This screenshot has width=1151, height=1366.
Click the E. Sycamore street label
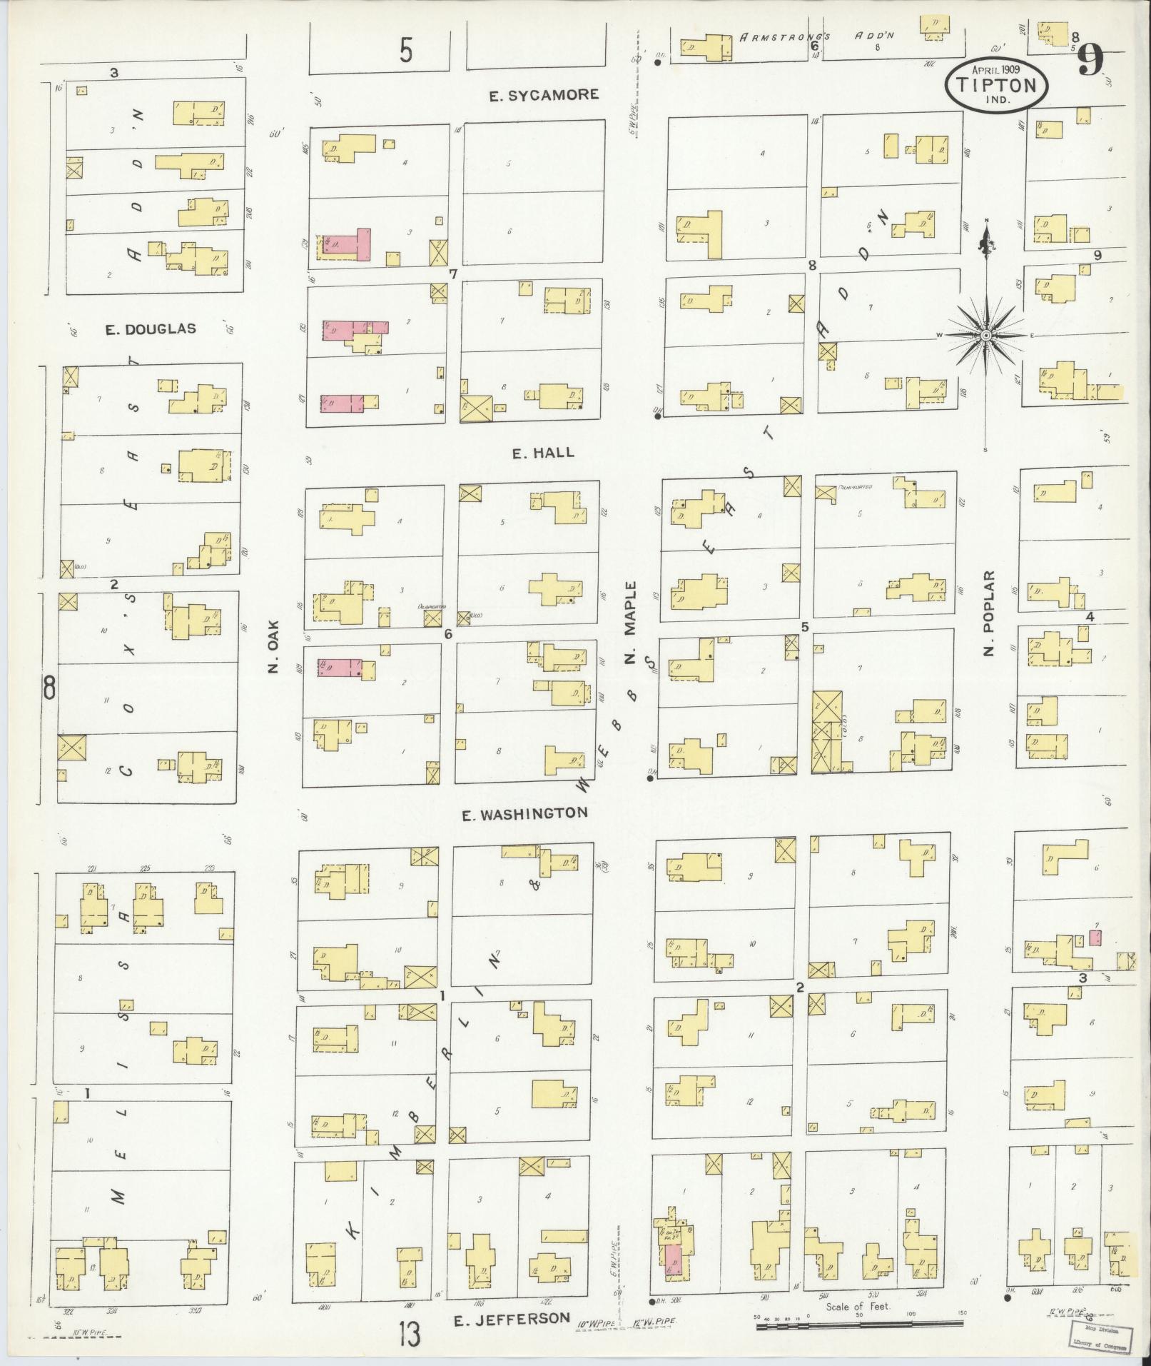tap(544, 95)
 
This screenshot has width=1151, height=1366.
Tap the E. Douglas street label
tap(150, 329)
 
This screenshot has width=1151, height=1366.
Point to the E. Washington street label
tap(524, 813)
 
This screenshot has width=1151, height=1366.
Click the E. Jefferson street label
tap(513, 1318)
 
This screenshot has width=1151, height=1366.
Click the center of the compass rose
tap(985, 335)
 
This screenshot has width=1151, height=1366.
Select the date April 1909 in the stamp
tap(997, 69)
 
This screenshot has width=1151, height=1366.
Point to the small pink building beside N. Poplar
tap(1095, 937)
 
